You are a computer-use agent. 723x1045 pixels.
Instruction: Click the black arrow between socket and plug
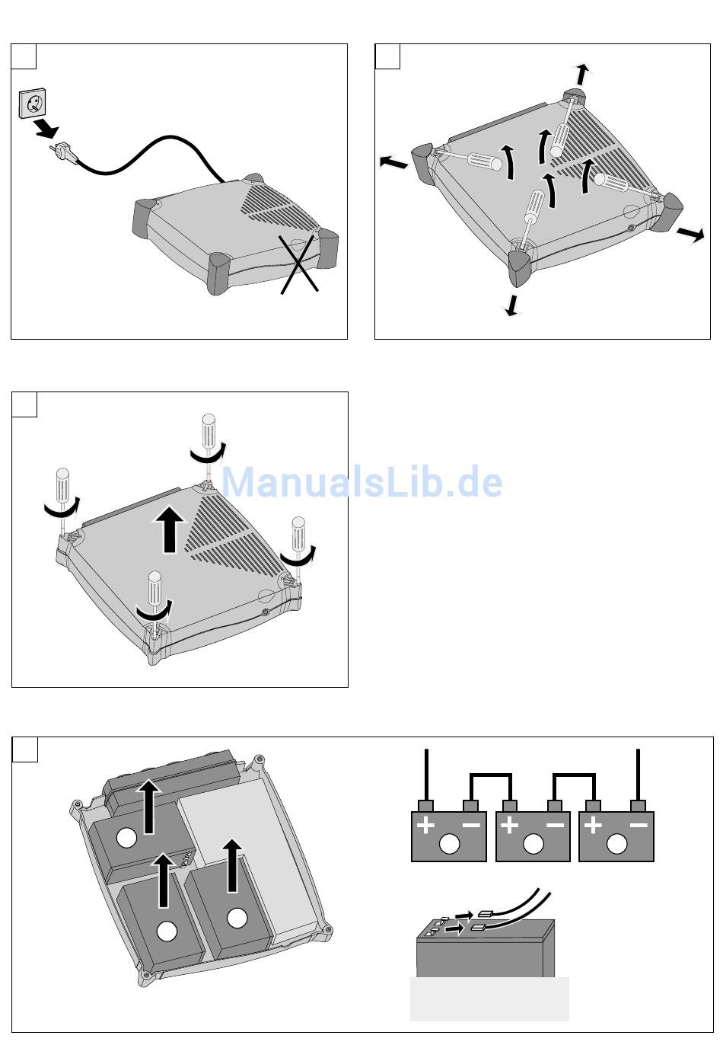coord(46,129)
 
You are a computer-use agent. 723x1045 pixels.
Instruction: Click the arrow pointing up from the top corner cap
coord(582,75)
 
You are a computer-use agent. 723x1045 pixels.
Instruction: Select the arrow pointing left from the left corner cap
coord(393,161)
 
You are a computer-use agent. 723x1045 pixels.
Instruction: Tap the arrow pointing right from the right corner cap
coord(691,235)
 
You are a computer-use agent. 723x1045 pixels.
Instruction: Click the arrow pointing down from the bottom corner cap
coord(512,304)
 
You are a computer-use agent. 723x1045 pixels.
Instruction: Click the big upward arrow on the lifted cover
coord(169,530)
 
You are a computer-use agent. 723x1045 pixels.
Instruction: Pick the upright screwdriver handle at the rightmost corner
coord(298,531)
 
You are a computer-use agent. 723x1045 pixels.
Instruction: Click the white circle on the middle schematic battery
coord(533,844)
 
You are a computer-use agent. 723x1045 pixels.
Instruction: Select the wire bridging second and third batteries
coord(574,776)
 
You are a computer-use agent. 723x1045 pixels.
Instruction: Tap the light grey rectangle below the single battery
coord(489,999)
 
